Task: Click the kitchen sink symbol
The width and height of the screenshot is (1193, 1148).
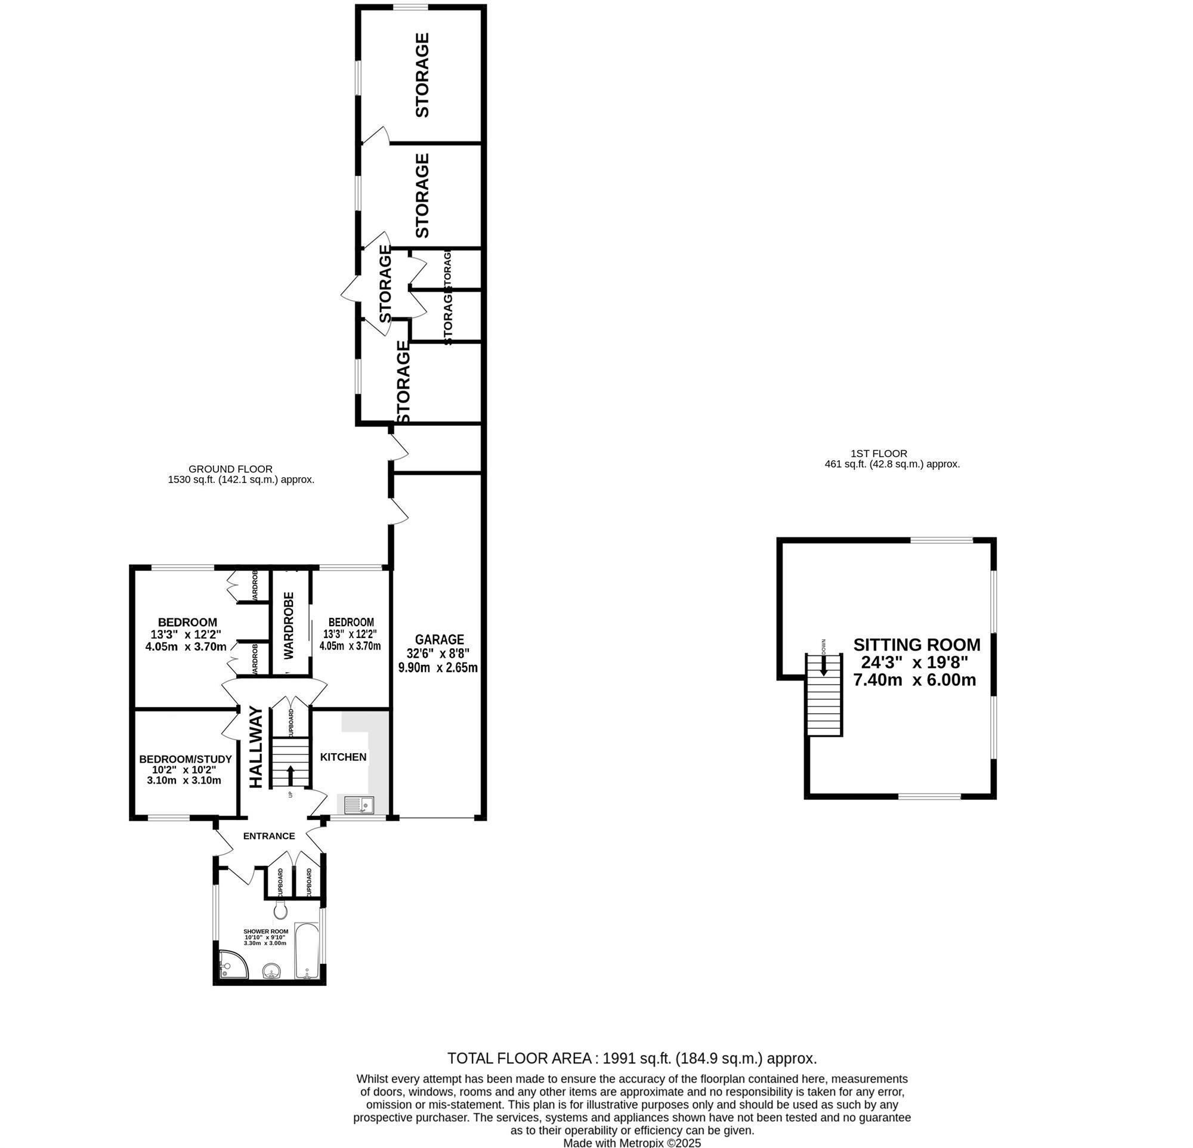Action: pyautogui.click(x=358, y=806)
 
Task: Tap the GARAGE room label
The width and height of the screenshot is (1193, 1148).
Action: pyautogui.click(x=440, y=639)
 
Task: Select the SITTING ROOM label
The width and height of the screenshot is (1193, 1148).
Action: pyautogui.click(x=917, y=645)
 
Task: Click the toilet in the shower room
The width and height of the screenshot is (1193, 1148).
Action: pyautogui.click(x=280, y=911)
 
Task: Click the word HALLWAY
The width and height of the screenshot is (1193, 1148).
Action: pyautogui.click(x=256, y=747)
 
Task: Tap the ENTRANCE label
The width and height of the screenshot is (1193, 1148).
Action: pyautogui.click(x=269, y=836)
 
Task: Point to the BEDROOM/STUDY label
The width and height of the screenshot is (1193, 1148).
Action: pyautogui.click(x=186, y=759)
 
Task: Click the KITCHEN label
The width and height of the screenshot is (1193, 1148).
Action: pyautogui.click(x=344, y=757)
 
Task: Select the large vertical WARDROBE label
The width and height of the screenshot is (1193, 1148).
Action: pyautogui.click(x=289, y=626)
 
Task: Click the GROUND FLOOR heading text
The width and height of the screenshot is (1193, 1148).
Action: pyautogui.click(x=230, y=469)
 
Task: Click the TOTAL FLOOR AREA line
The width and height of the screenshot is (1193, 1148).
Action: pyautogui.click(x=632, y=1059)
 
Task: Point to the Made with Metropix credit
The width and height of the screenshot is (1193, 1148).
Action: pyautogui.click(x=632, y=1143)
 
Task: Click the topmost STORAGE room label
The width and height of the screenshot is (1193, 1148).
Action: pyautogui.click(x=422, y=75)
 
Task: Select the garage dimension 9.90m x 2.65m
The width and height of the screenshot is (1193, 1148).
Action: pyautogui.click(x=438, y=667)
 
